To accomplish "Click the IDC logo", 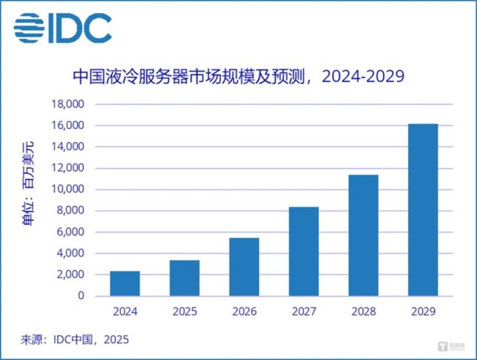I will pyautogui.click(x=62, y=28).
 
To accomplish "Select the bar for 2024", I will pyautogui.click(x=125, y=283).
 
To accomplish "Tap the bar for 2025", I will pyautogui.click(x=184, y=278).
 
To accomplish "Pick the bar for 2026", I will pyautogui.click(x=244, y=267).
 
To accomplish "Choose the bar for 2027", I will pyautogui.click(x=303, y=251).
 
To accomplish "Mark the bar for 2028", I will pyautogui.click(x=363, y=235).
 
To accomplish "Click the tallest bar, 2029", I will pyautogui.click(x=423, y=210).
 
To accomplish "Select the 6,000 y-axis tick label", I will pyautogui.click(x=71, y=232).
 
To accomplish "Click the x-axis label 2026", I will pyautogui.click(x=244, y=312).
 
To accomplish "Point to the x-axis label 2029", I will pyautogui.click(x=423, y=312).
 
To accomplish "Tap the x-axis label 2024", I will pyautogui.click(x=125, y=312).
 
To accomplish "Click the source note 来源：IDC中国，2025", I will pyautogui.click(x=74, y=341).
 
